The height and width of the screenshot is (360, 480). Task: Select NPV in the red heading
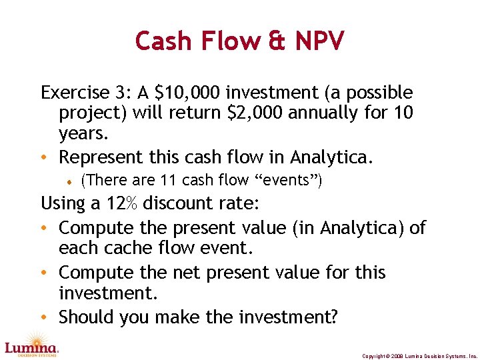pos(318,41)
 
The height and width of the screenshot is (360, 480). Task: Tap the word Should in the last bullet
pos(86,317)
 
